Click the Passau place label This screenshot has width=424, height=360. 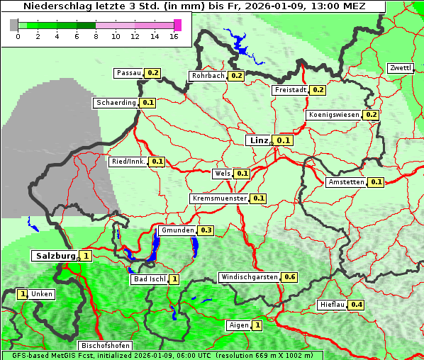(x=128, y=73)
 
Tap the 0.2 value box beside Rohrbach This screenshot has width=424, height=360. (x=236, y=76)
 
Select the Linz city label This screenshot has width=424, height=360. (x=258, y=140)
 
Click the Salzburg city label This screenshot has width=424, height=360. (x=55, y=256)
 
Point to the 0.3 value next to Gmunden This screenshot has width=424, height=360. (x=206, y=230)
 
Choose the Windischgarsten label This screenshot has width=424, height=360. (x=249, y=277)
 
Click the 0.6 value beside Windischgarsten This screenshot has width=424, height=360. (x=289, y=277)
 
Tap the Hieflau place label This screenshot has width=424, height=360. (x=332, y=305)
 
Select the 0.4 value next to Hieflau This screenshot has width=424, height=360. (x=356, y=305)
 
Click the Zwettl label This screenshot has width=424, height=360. (x=400, y=68)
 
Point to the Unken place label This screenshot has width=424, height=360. (x=41, y=294)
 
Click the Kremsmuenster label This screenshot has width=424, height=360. (x=219, y=198)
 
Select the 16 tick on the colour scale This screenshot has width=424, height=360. (x=174, y=36)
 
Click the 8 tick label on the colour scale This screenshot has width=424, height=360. (x=95, y=36)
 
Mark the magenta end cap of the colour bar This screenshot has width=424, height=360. (x=177, y=25)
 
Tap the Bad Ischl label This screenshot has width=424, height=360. (x=148, y=279)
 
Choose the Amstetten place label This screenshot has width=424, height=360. (x=346, y=182)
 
